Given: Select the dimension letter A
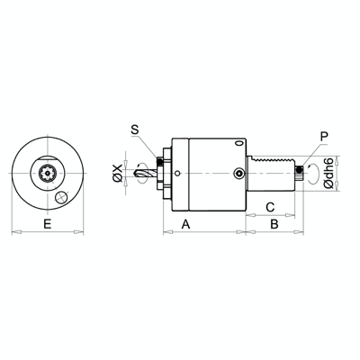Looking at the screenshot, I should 185,222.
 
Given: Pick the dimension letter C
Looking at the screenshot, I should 270,206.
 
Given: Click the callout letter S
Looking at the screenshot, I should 134,130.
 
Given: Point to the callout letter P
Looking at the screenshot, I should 322,138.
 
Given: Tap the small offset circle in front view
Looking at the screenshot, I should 59,196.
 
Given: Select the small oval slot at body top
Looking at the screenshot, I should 238,143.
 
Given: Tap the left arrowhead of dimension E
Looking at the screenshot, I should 13,232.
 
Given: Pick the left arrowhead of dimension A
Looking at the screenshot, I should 166,232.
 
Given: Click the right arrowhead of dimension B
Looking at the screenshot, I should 298,232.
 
